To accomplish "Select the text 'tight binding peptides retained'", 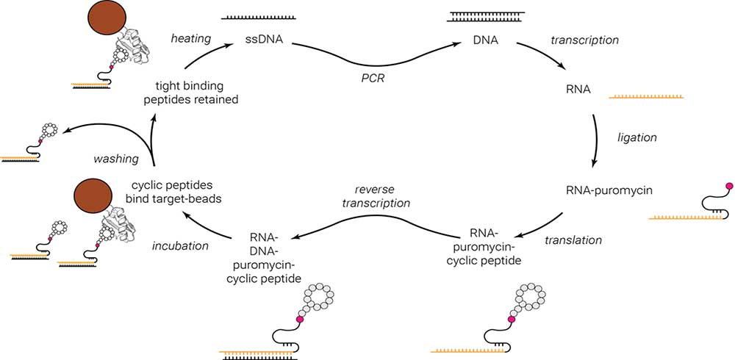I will pyautogui.click(x=197, y=91).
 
